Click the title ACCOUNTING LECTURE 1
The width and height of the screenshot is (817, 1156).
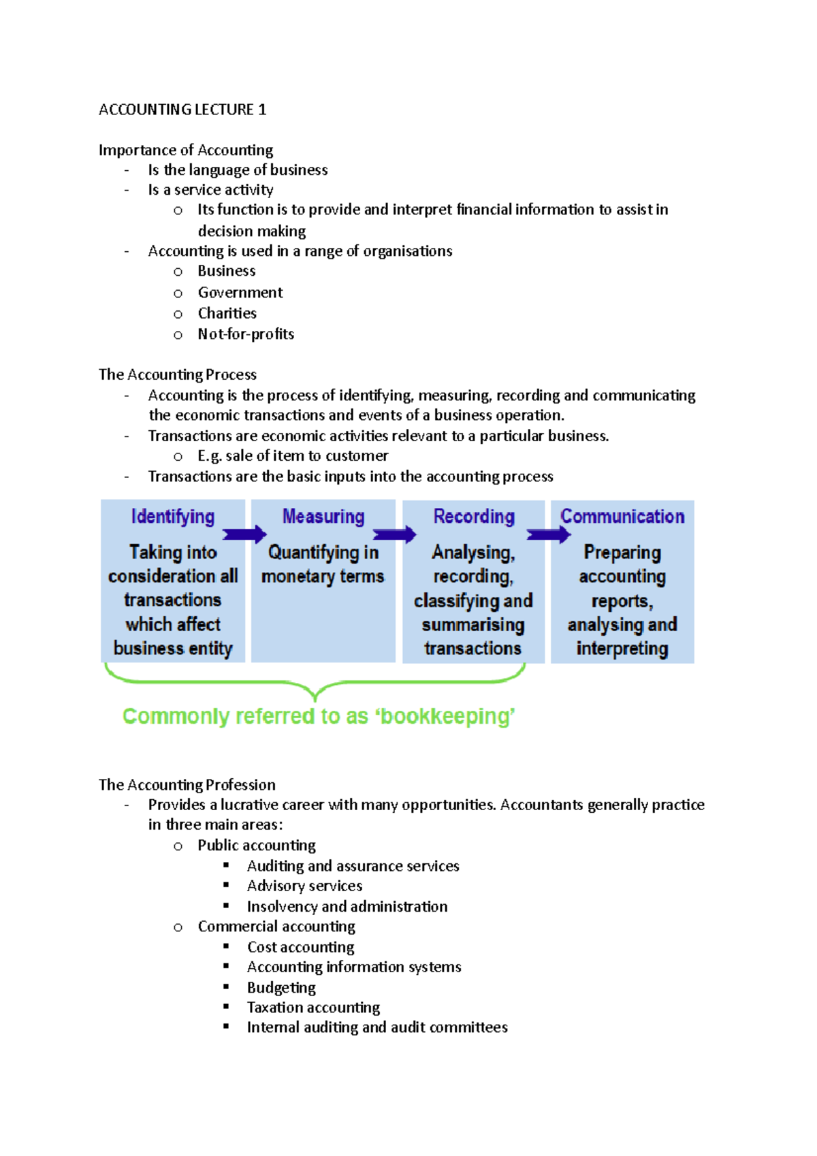point(182,110)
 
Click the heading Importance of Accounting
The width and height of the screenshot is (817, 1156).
point(186,150)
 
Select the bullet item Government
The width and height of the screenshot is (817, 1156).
point(240,293)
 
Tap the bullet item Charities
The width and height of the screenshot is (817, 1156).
point(227,313)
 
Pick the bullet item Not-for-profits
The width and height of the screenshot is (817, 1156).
point(246,334)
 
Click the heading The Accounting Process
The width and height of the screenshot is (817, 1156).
point(178,374)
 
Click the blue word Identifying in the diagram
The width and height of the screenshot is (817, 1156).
point(173,517)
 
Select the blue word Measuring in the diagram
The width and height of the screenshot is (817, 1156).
point(323,517)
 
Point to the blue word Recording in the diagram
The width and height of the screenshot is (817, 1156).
point(474,517)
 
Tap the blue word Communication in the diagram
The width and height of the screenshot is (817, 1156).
point(622,517)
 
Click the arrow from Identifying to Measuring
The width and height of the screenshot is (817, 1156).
point(244,534)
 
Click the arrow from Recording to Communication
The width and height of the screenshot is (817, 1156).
point(548,534)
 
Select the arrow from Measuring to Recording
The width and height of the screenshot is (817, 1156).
point(394,534)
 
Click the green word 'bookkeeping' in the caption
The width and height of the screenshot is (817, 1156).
point(447,716)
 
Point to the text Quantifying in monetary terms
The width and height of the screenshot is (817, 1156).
point(323,564)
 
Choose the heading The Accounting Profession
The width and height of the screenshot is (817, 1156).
point(187,785)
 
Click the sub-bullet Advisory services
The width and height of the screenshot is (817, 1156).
point(304,886)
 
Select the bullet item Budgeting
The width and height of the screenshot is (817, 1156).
point(281,988)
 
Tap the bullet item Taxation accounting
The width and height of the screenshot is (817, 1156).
point(313,1008)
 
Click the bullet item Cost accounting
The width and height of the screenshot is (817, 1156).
point(300,947)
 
